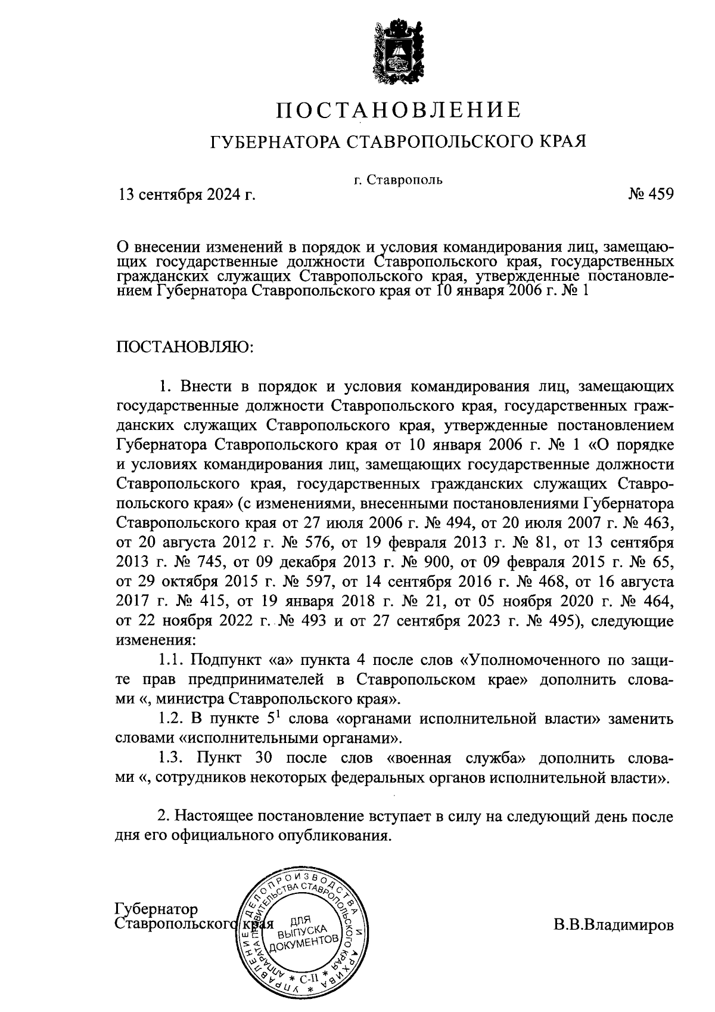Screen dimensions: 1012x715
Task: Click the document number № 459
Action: (651, 194)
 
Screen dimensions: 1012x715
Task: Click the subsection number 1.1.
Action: (173, 660)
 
